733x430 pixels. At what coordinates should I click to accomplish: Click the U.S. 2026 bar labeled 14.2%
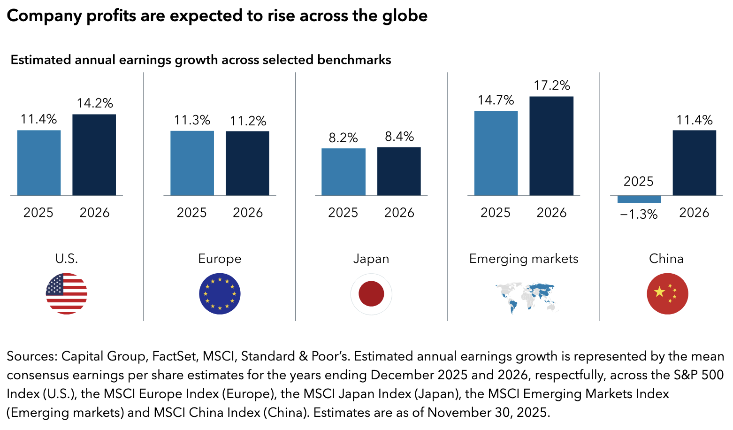(x=94, y=155)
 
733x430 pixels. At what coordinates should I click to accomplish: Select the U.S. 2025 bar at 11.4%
(x=39, y=163)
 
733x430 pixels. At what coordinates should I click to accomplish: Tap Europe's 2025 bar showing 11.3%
(x=192, y=163)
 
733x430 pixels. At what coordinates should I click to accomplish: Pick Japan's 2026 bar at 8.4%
(x=399, y=171)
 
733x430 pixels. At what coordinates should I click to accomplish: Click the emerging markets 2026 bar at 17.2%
(x=551, y=146)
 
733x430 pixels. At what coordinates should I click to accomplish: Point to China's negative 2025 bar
(x=639, y=200)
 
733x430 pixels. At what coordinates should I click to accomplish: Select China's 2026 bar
(x=694, y=163)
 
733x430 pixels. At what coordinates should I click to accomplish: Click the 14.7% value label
(x=496, y=100)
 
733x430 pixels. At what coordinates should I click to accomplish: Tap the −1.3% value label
(x=639, y=215)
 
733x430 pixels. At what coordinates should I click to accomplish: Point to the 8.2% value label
(x=343, y=138)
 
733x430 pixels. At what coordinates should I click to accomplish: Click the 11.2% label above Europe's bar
(x=248, y=121)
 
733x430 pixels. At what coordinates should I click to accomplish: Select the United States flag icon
(x=67, y=294)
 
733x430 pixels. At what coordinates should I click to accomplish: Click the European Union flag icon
(x=220, y=294)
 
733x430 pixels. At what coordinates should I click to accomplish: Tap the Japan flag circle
(x=371, y=294)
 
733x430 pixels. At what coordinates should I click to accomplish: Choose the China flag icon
(x=667, y=294)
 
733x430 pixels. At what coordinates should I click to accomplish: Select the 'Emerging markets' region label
(x=524, y=259)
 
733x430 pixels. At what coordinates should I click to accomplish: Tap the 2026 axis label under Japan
(x=399, y=213)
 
